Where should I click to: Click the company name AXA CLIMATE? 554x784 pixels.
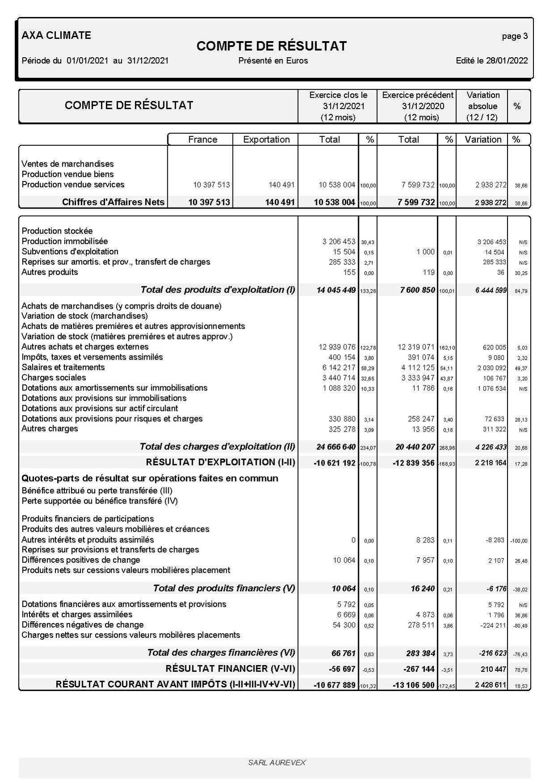[x=56, y=35]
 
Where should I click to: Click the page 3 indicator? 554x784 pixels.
[x=515, y=36]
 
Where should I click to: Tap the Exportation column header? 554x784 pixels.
[x=266, y=140]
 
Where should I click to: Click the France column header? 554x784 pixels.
[x=203, y=140]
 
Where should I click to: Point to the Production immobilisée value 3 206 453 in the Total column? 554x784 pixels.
[x=338, y=242]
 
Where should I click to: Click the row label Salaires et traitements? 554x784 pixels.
[x=63, y=367]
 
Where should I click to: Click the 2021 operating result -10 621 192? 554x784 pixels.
[x=334, y=463]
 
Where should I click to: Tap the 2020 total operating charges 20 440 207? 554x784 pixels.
[x=415, y=447]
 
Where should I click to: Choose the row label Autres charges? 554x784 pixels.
[x=50, y=428]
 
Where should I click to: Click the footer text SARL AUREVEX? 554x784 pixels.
[x=277, y=763]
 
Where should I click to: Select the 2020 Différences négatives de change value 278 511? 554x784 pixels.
[x=421, y=625]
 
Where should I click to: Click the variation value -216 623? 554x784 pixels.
[x=492, y=653]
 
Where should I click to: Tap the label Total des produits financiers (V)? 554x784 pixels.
[x=224, y=588]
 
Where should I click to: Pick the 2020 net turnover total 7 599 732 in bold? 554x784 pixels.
[x=416, y=202]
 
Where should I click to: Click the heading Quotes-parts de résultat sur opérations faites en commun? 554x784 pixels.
[x=150, y=478]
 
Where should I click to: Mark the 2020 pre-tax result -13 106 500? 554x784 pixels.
[x=414, y=685]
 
